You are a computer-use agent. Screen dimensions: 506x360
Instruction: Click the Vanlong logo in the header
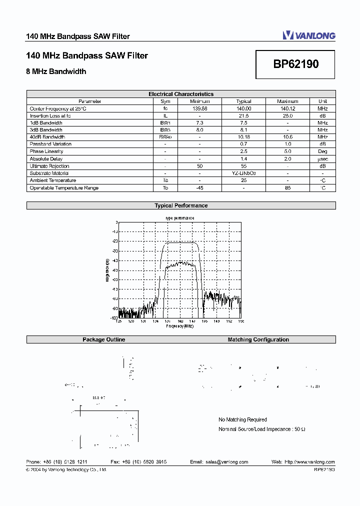[x=309, y=35]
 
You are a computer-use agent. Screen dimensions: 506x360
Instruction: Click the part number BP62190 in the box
[x=296, y=64]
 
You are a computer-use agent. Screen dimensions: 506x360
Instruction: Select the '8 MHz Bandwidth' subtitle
[x=56, y=71]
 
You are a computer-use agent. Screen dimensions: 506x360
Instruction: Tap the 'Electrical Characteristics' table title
[x=181, y=94]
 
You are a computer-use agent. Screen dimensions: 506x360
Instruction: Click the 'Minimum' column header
[x=199, y=101]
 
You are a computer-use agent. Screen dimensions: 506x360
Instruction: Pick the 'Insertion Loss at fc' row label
[x=50, y=115]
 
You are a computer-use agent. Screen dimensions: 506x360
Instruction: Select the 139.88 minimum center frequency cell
[x=199, y=108]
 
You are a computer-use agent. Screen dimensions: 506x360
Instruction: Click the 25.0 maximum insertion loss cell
[x=287, y=115]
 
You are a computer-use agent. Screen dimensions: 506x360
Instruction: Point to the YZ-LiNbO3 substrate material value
[x=243, y=173]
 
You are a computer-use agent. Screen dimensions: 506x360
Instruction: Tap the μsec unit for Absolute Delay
[x=322, y=159]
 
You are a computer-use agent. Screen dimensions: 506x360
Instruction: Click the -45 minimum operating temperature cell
[x=199, y=188]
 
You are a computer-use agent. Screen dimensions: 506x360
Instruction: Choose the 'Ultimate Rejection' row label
[x=49, y=166]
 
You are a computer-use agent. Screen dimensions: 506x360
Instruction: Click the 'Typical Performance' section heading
[x=181, y=205]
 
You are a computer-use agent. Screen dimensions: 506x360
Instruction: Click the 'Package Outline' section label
[x=104, y=339]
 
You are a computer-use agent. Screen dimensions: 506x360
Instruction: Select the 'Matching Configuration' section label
[x=258, y=339]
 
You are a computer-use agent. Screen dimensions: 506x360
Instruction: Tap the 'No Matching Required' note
[x=242, y=419]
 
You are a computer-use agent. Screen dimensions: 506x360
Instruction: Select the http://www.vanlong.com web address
[x=309, y=462]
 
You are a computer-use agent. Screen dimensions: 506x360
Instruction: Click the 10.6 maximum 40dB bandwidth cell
[x=287, y=137]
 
